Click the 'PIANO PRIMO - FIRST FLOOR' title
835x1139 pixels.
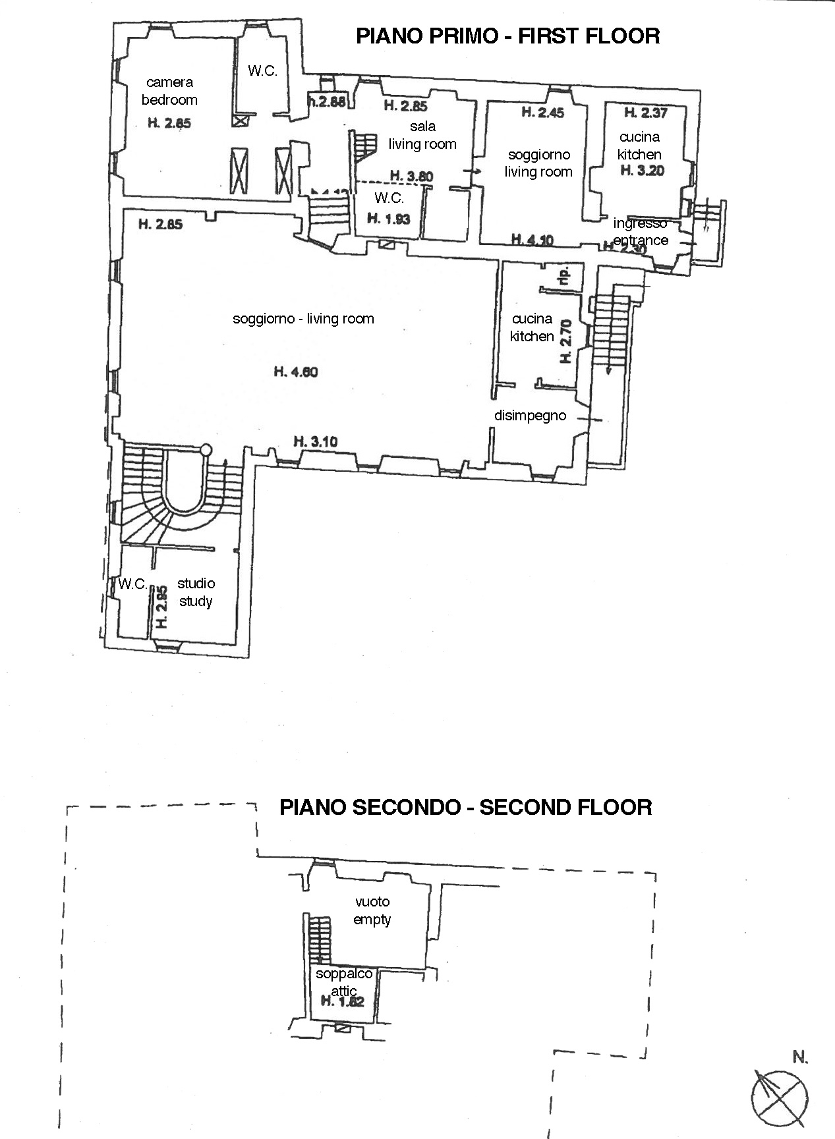coord(507,36)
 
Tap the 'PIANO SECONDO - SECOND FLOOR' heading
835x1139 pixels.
coord(465,807)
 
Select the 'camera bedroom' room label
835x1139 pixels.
coord(169,91)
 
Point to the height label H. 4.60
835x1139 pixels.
coord(296,372)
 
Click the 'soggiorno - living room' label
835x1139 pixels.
coord(303,319)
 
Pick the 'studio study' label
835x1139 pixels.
coord(196,592)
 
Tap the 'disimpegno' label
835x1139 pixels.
coord(530,416)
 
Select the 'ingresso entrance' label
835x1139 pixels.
coord(640,232)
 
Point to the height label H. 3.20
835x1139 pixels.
coord(643,171)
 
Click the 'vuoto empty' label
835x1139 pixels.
coord(372,910)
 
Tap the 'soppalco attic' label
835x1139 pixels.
coord(344,982)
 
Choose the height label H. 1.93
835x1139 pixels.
coord(389,219)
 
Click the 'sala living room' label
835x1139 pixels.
coord(422,135)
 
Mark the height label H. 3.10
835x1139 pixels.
coord(315,441)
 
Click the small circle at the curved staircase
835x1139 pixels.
coord(206,450)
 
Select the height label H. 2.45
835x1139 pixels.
coord(543,113)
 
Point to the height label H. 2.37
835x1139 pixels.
coord(645,113)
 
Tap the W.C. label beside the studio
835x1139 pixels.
coord(132,584)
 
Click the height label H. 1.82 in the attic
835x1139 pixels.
coord(342,1002)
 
